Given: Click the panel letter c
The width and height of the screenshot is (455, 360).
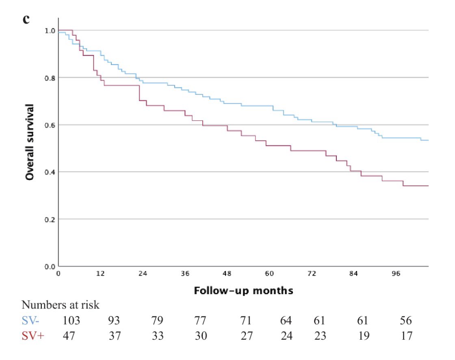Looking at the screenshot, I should [x=26, y=19].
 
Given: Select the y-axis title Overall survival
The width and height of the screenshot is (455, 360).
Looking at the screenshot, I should [x=29, y=142].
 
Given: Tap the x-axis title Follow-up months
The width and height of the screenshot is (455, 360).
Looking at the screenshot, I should [x=243, y=291].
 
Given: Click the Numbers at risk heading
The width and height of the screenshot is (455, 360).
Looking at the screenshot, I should [x=60, y=305].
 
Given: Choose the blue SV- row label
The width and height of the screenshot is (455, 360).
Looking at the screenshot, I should [x=31, y=321].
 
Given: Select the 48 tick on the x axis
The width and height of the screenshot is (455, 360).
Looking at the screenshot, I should [x=227, y=273].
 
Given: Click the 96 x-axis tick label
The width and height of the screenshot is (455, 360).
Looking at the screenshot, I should [x=396, y=273].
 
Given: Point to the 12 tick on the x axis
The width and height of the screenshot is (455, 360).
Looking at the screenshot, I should [x=100, y=273].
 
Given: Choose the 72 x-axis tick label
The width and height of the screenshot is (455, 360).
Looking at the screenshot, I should [x=312, y=273].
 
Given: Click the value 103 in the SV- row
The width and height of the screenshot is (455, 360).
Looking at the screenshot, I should [x=71, y=321].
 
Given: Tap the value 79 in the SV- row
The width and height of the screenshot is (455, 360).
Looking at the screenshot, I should [x=157, y=321].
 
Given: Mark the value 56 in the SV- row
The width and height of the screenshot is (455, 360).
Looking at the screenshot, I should [x=405, y=321].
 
